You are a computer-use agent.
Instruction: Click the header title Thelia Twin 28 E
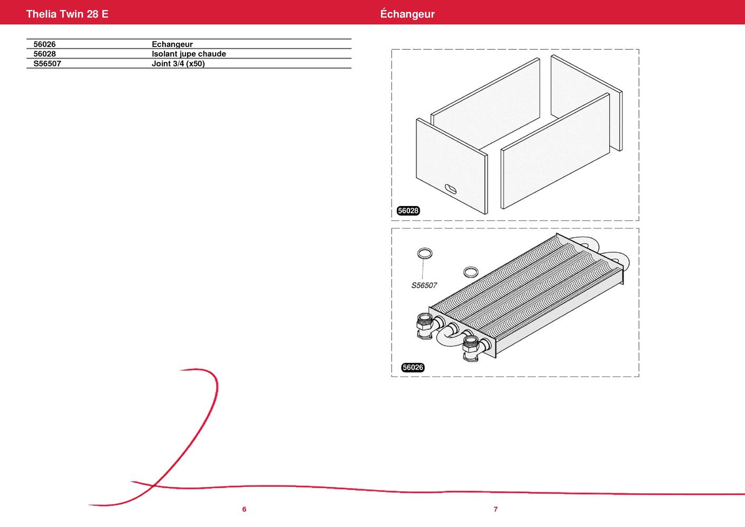[67, 14]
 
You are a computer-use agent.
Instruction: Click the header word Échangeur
[407, 14]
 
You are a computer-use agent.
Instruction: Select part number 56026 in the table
[44, 44]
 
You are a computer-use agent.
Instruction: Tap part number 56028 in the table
[44, 54]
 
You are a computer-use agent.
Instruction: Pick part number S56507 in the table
[47, 63]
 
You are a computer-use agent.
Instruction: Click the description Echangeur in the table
[172, 44]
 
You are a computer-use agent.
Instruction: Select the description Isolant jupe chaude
[189, 54]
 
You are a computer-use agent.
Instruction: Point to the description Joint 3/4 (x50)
[178, 63]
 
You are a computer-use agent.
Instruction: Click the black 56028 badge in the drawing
[408, 210]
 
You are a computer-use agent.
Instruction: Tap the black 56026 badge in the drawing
[413, 367]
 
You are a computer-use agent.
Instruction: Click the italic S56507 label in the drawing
[424, 285]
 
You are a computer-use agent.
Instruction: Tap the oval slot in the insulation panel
[451, 189]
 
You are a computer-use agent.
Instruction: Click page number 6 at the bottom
[244, 510]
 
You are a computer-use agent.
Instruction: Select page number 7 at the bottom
[496, 510]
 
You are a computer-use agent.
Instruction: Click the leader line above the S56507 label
[423, 269]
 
